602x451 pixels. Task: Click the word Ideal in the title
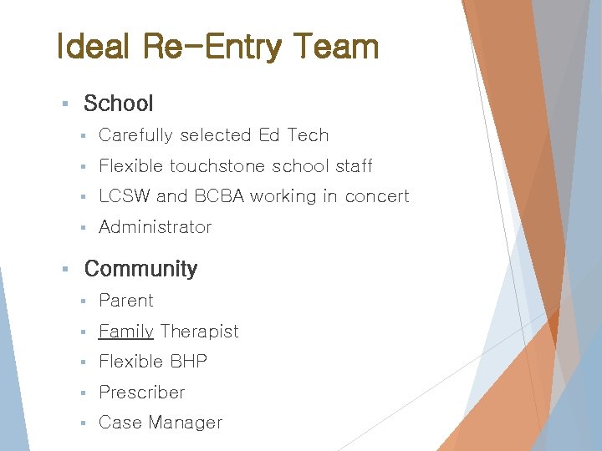pyautogui.click(x=92, y=47)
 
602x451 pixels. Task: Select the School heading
pyautogui.click(x=119, y=104)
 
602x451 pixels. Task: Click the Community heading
pyautogui.click(x=140, y=269)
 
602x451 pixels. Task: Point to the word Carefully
pyautogui.click(x=135, y=135)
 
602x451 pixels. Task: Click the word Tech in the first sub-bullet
pyautogui.click(x=308, y=135)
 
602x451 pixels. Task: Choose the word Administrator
pyautogui.click(x=155, y=227)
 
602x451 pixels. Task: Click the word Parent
pyautogui.click(x=126, y=301)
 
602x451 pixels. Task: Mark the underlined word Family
pyautogui.click(x=125, y=332)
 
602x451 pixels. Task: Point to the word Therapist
pyautogui.click(x=199, y=332)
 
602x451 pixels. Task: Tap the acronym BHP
pyautogui.click(x=188, y=362)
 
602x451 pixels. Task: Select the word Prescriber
pyautogui.click(x=141, y=393)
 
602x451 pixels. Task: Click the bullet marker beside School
pyautogui.click(x=65, y=104)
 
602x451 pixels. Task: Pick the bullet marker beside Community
pyautogui.click(x=65, y=270)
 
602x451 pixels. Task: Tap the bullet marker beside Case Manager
pyautogui.click(x=84, y=423)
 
